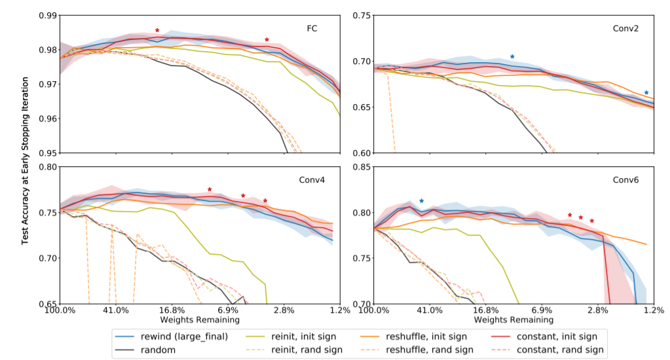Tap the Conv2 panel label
tap(625, 29)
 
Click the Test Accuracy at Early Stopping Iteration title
tap(26, 161)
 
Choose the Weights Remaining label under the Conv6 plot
tap(513, 319)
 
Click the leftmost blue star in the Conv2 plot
tap(512, 56)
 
